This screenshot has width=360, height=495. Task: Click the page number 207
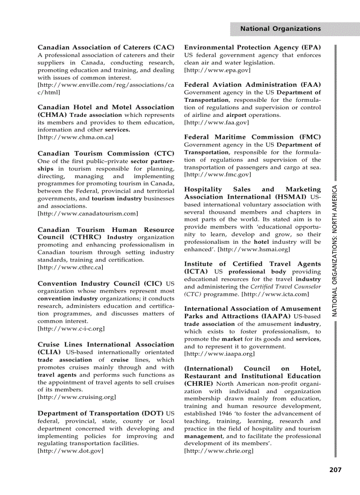pyautogui.click(x=335, y=470)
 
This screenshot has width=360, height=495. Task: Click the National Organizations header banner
pyautogui.click(x=280, y=29)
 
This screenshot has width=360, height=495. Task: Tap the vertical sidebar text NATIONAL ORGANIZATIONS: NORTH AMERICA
pyautogui.click(x=335, y=249)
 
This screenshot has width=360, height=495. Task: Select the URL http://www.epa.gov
pyautogui.click(x=217, y=70)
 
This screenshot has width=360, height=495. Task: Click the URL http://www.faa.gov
pyautogui.click(x=216, y=123)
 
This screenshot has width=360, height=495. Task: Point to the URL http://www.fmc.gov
pyautogui.click(x=217, y=175)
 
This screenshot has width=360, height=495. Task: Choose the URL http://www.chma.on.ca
pyautogui.click(x=75, y=138)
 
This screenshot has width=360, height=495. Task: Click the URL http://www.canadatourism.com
pyautogui.click(x=88, y=214)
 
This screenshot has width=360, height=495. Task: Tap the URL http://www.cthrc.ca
pyautogui.click(x=71, y=268)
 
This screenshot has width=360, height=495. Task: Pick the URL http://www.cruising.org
pyautogui.click(x=77, y=397)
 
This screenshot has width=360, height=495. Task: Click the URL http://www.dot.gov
pyautogui.click(x=71, y=451)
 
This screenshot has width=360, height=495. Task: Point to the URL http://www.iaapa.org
pyautogui.click(x=219, y=354)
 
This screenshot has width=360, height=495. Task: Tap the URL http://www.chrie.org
pyautogui.click(x=219, y=451)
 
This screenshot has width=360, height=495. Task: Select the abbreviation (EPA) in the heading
pyautogui.click(x=311, y=47)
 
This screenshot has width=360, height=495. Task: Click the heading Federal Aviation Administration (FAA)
pyautogui.click(x=252, y=85)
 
